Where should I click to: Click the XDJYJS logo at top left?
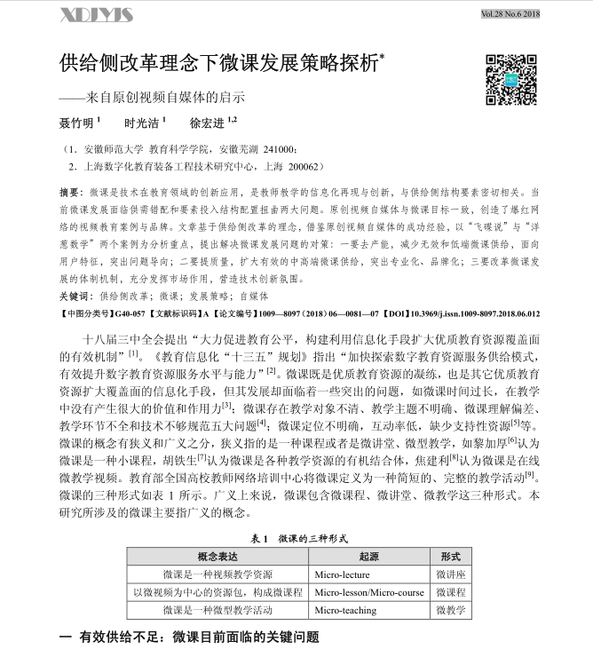coord(96,15)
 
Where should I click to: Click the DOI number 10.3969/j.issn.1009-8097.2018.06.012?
coord(481,314)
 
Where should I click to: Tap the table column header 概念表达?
coord(219,556)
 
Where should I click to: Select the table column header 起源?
coord(369,556)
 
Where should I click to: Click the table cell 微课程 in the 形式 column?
coord(451,592)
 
